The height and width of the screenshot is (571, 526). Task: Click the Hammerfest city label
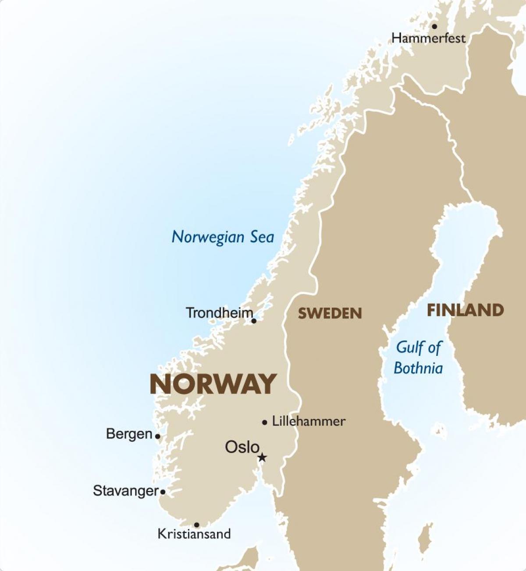pyautogui.click(x=428, y=38)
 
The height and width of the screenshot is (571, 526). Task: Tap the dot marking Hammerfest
pyautogui.click(x=434, y=26)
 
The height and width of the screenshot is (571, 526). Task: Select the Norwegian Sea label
pyautogui.click(x=223, y=237)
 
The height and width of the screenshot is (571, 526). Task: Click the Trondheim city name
pyautogui.click(x=219, y=313)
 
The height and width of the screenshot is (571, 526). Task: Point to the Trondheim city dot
pyautogui.click(x=253, y=321)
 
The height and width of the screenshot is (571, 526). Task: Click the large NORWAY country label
pyautogui.click(x=213, y=384)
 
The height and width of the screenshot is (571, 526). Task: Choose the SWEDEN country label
pyautogui.click(x=330, y=313)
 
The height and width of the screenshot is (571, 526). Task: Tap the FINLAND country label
pyautogui.click(x=465, y=310)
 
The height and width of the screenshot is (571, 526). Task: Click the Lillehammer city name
pyautogui.click(x=309, y=422)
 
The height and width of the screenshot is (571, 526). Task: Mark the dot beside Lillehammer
pyautogui.click(x=264, y=422)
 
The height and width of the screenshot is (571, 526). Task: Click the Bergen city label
pyautogui.click(x=129, y=434)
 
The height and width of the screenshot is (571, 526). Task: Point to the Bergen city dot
pyautogui.click(x=157, y=436)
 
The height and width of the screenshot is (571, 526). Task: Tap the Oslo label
pyautogui.click(x=242, y=447)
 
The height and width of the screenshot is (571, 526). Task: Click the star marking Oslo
pyautogui.click(x=262, y=458)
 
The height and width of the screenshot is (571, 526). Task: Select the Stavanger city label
pyautogui.click(x=125, y=491)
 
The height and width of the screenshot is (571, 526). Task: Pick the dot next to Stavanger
pyautogui.click(x=163, y=492)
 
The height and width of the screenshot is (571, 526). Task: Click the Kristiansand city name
pyautogui.click(x=194, y=534)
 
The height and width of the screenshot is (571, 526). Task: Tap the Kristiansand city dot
pyautogui.click(x=196, y=525)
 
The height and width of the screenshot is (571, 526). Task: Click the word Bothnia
pyautogui.click(x=418, y=368)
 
